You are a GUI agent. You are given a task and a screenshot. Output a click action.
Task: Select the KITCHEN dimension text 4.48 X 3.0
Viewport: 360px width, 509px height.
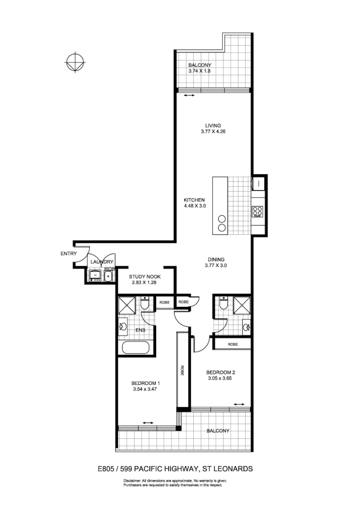(195, 206)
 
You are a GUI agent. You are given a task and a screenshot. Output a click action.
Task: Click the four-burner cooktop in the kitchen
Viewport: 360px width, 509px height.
(257, 211)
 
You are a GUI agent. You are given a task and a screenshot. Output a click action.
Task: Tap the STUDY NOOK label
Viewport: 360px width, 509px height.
(145, 277)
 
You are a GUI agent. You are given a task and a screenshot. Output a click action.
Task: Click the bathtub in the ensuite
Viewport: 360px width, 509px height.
(137, 348)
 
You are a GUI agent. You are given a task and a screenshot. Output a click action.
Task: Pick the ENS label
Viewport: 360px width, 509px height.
(140, 330)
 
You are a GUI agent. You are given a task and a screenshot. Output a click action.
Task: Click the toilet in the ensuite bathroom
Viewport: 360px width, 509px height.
(145, 304)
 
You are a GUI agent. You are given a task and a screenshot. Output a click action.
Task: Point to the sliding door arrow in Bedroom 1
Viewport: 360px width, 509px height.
(148, 423)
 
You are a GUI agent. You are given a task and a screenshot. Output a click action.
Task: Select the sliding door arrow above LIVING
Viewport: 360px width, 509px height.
(189, 96)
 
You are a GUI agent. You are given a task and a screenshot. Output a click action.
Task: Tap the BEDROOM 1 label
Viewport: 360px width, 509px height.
(145, 383)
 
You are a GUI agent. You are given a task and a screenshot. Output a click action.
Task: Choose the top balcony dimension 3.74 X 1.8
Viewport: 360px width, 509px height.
(199, 71)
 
